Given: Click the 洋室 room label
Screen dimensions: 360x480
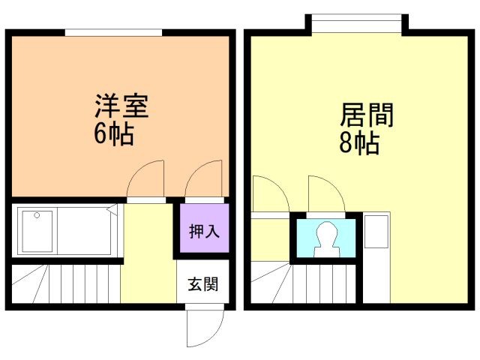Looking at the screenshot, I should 121,106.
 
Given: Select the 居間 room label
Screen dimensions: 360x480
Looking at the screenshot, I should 367,115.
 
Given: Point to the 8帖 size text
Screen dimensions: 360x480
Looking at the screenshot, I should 358,143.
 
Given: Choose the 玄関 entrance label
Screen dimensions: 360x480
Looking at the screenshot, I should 203,284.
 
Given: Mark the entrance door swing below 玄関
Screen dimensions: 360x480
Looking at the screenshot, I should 203,326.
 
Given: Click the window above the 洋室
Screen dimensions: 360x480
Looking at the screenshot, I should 113,32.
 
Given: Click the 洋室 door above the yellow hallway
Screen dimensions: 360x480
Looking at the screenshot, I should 145,181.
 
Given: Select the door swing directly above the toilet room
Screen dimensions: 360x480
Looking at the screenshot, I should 325,195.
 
